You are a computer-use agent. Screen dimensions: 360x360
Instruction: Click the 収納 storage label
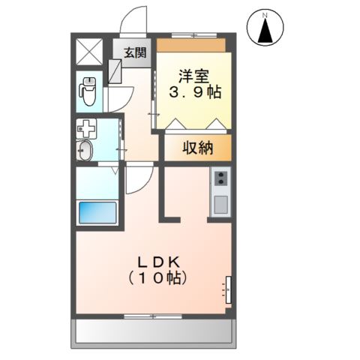click(198, 148)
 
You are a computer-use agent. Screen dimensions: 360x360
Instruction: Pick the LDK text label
click(157, 262)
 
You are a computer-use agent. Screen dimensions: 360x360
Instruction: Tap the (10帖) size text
click(157, 277)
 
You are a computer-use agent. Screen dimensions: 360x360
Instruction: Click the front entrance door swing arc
click(135, 19)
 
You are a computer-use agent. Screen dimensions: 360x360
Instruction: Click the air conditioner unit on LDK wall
click(229, 289)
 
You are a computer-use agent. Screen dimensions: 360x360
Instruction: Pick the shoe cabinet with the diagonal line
click(118, 70)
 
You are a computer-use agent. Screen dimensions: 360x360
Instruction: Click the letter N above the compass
click(265, 13)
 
